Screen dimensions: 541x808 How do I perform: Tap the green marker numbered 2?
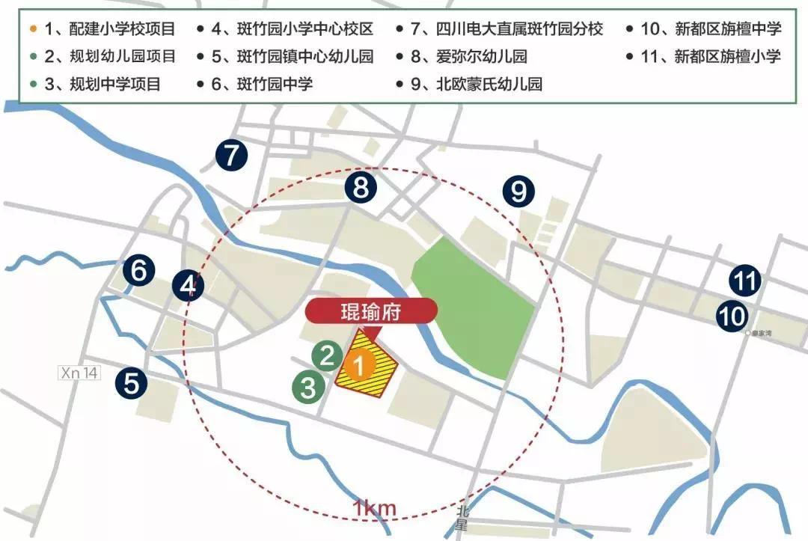pyautogui.click(x=326, y=355)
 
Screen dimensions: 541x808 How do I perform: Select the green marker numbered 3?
pyautogui.click(x=307, y=387)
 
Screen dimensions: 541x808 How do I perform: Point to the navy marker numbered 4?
pyautogui.click(x=188, y=285)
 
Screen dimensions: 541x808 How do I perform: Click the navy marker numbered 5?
pyautogui.click(x=132, y=385)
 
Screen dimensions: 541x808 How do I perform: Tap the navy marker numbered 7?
pyautogui.click(x=231, y=156)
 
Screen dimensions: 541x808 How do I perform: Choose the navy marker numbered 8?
pyautogui.click(x=361, y=187)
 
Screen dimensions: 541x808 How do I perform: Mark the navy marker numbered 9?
pyautogui.click(x=518, y=192)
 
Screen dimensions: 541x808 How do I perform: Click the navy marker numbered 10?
pyautogui.click(x=731, y=315)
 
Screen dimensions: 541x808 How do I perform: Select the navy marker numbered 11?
pyautogui.click(x=745, y=281)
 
